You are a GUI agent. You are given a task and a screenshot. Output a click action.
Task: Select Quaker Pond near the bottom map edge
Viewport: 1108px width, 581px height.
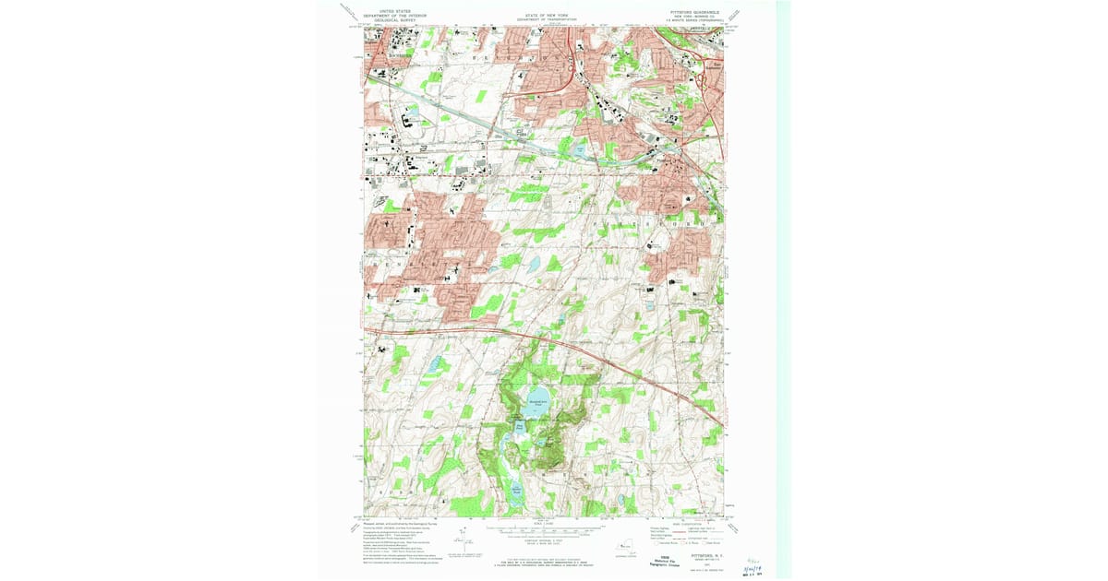(x=516, y=490)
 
